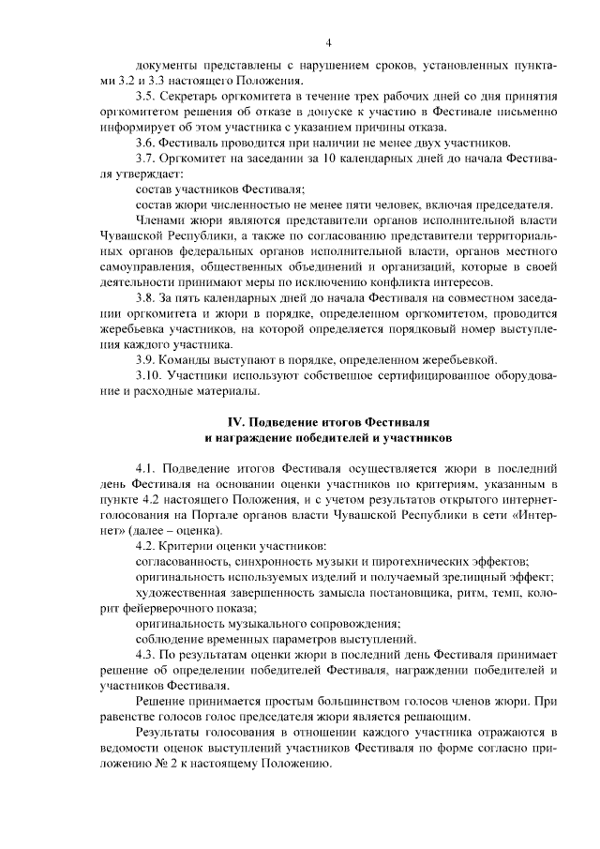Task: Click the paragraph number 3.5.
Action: pyautogui.click(x=145, y=97)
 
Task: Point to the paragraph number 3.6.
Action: pyautogui.click(x=145, y=143)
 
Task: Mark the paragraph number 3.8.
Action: pyautogui.click(x=145, y=297)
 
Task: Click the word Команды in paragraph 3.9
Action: pyautogui.click(x=190, y=359)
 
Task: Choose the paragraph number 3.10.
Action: pyautogui.click(x=148, y=374)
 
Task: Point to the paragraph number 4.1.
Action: pyautogui.click(x=145, y=467)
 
